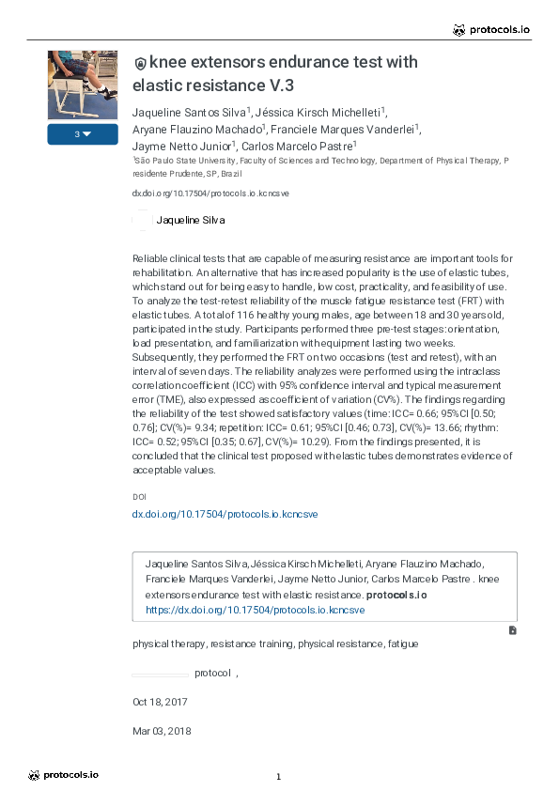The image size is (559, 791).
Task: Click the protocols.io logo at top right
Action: (x=491, y=30)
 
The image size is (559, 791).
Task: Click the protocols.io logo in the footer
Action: (x=63, y=775)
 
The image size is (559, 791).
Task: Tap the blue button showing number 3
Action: (x=83, y=134)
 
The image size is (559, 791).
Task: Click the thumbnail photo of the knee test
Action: (x=83, y=85)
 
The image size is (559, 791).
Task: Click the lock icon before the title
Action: (x=141, y=64)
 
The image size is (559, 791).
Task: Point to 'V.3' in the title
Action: (x=281, y=85)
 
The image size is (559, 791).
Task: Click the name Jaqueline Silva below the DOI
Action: (x=190, y=221)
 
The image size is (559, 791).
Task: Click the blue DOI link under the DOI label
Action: (x=225, y=514)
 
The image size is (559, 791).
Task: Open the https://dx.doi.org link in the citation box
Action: (x=255, y=610)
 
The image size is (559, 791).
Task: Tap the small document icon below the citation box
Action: (x=512, y=629)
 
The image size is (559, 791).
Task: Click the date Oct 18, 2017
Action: (x=160, y=702)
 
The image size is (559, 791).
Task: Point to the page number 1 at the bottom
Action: (x=279, y=777)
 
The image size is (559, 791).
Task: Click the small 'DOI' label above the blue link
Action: (x=139, y=496)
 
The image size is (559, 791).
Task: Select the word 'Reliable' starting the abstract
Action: (x=150, y=257)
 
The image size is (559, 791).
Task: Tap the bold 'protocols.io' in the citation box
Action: (x=396, y=596)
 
